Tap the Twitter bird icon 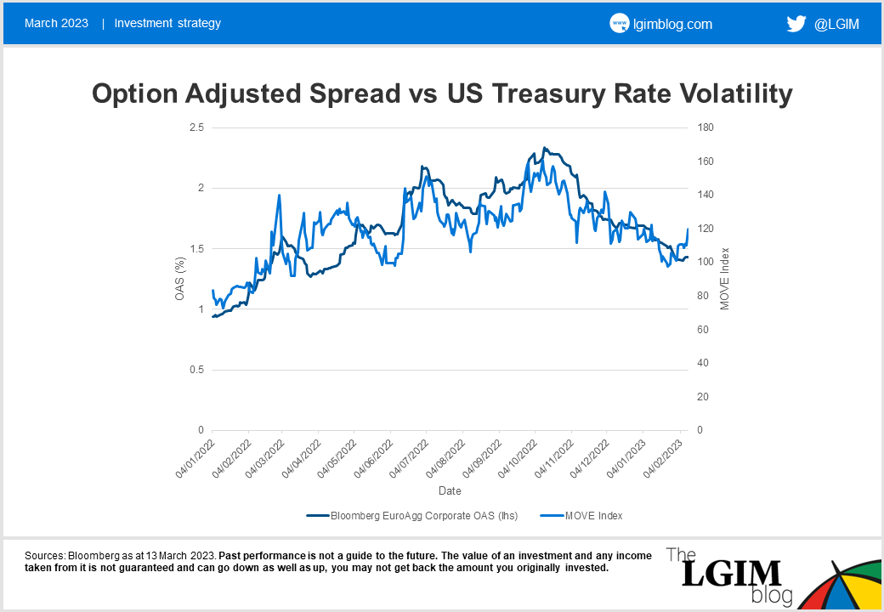tap(796, 24)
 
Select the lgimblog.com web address tap(673, 24)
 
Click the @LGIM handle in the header tap(836, 24)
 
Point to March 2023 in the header tap(56, 23)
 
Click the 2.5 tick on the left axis tap(196, 127)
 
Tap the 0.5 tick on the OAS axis tap(196, 370)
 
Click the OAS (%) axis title tap(180, 279)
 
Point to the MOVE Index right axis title tap(725, 279)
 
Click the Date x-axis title tap(450, 491)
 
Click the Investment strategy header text tap(167, 23)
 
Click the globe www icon tap(619, 24)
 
